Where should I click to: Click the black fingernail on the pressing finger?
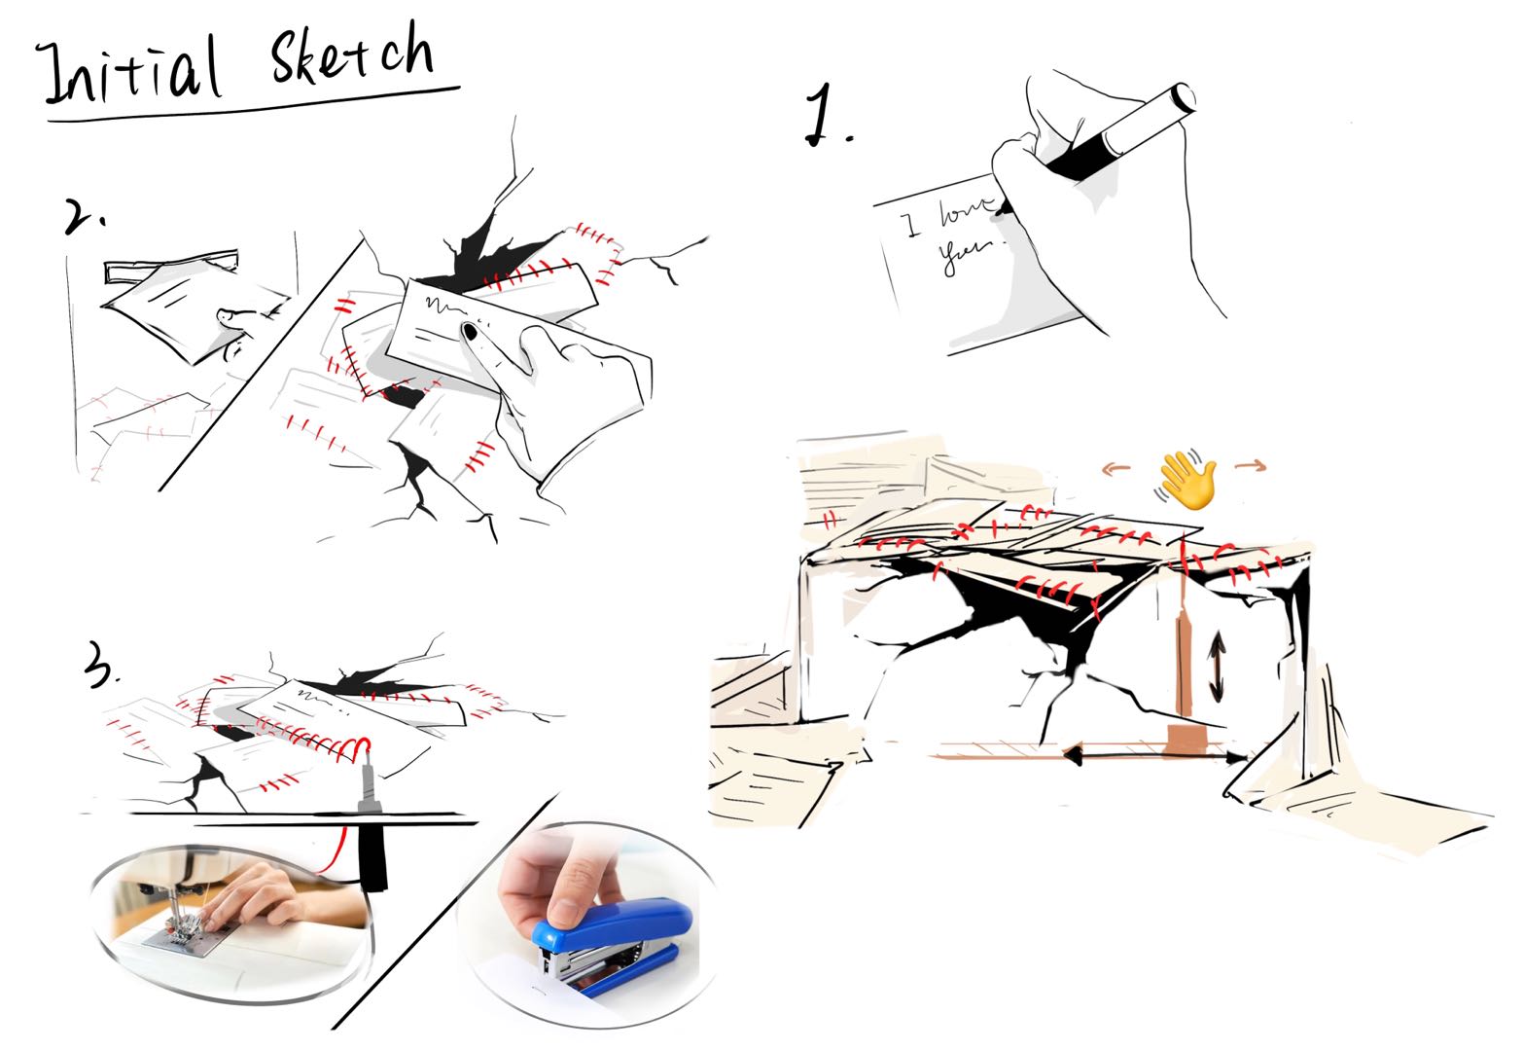470,332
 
